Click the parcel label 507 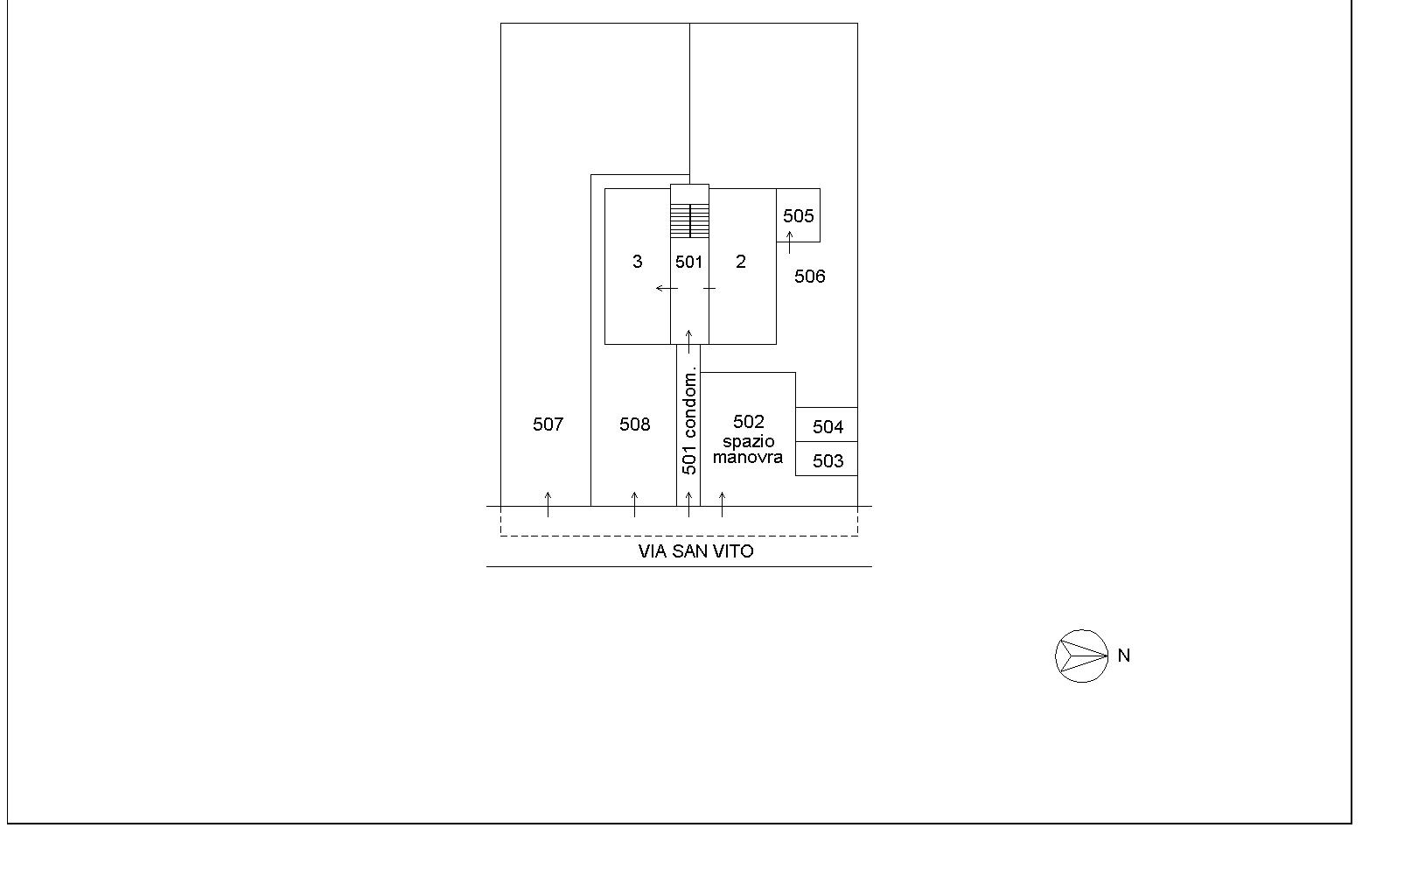[x=548, y=424]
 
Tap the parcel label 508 [x=635, y=424]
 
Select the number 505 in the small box [x=799, y=216]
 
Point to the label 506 [x=810, y=277]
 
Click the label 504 [x=828, y=427]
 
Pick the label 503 [x=828, y=460]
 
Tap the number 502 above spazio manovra [x=748, y=422]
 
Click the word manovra [x=747, y=457]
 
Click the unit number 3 [x=638, y=262]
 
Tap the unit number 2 [x=740, y=262]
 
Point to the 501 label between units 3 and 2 [x=689, y=262]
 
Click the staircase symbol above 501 [x=689, y=221]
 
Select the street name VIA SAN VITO [x=696, y=551]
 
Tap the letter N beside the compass [x=1124, y=656]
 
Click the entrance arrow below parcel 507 [x=548, y=504]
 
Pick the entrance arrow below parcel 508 [x=634, y=504]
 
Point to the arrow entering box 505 [x=789, y=242]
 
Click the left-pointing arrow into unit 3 [x=667, y=288]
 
